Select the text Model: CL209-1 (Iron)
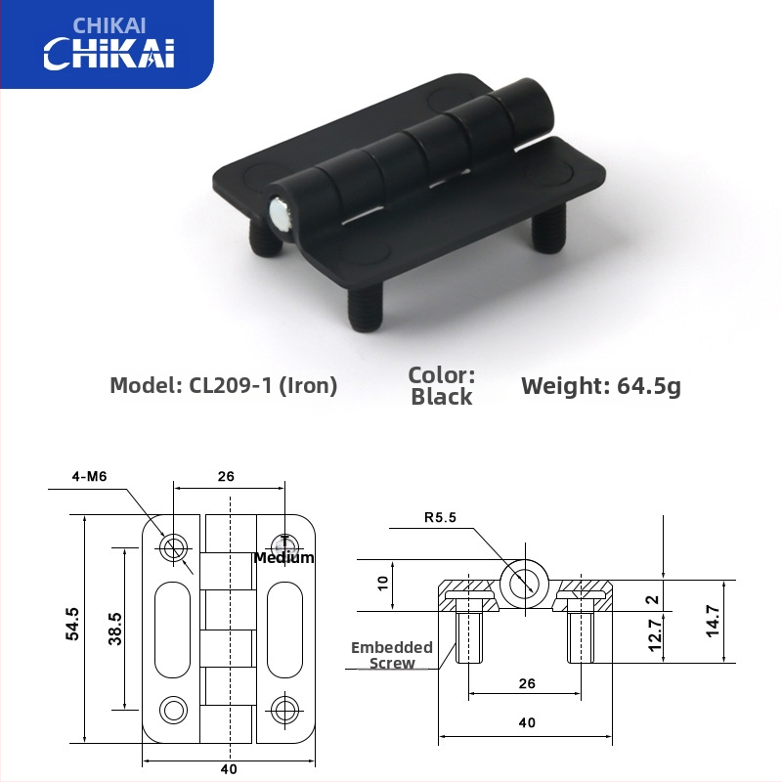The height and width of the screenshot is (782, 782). tap(223, 385)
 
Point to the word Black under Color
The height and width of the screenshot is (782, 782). tap(441, 397)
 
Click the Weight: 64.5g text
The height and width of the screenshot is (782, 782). tap(600, 385)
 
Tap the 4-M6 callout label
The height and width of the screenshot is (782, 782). tap(89, 476)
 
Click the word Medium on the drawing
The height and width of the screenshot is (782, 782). tap(283, 557)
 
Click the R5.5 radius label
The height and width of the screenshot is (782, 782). tap(441, 518)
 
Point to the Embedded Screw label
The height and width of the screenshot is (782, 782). tap(392, 655)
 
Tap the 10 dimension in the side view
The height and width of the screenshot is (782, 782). tap(384, 584)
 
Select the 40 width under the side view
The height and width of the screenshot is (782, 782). tap(527, 723)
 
